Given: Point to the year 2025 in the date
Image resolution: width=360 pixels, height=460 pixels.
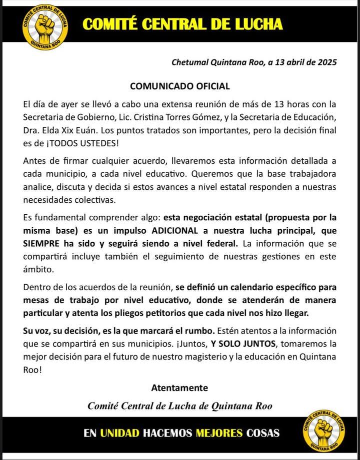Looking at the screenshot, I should tap(326, 62).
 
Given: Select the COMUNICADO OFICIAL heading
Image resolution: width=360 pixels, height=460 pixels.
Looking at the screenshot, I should tap(180, 86).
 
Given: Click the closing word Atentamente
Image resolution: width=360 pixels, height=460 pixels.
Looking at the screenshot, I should tap(179, 388).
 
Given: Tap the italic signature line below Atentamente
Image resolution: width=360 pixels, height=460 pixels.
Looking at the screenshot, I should tap(179, 406).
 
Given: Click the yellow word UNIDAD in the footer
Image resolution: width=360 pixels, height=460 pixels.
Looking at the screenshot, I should tap(119, 433).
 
